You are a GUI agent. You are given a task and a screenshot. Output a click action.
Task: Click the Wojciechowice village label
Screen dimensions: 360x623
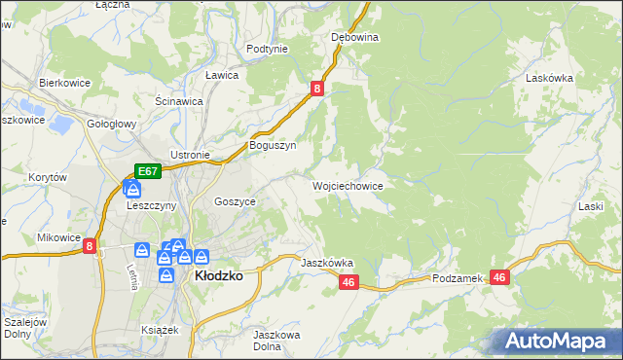tap(348, 185)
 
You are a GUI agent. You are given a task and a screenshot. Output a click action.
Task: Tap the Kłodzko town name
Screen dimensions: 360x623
tap(219, 275)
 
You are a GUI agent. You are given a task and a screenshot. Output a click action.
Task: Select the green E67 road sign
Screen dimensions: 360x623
tap(147, 171)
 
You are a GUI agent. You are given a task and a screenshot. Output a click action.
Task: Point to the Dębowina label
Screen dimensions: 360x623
tap(354, 37)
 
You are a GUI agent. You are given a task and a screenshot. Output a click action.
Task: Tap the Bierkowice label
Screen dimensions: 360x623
tap(64, 83)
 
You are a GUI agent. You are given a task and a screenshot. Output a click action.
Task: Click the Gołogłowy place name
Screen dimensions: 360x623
tap(111, 125)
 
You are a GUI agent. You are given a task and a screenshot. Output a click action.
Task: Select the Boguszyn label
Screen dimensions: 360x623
tap(273, 145)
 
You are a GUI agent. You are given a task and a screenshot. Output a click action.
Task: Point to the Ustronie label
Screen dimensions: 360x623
tap(191, 155)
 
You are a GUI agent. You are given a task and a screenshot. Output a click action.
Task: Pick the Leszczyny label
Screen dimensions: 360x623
tap(151, 205)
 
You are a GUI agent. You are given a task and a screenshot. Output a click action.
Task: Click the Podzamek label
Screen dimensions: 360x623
tap(458, 278)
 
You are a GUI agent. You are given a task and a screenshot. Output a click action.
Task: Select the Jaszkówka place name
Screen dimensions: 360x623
tap(327, 263)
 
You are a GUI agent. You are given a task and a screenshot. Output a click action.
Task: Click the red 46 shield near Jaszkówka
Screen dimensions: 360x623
tap(350, 282)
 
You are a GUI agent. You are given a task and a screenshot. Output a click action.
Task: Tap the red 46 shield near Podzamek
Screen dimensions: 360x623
tap(500, 277)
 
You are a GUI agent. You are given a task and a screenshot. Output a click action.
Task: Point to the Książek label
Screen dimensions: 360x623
tap(161, 330)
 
